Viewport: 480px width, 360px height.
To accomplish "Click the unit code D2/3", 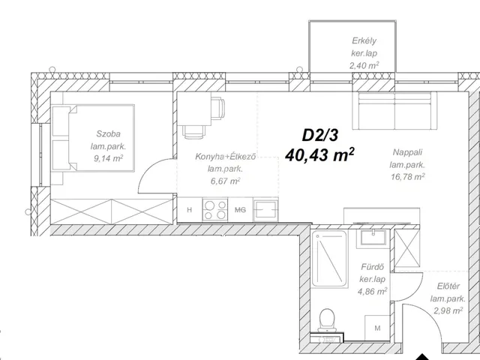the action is [x=320, y=135].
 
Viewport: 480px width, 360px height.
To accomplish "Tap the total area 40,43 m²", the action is [x=319, y=154].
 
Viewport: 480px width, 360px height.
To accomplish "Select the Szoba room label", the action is [x=108, y=133].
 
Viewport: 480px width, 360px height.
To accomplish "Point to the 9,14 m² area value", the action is [x=109, y=158].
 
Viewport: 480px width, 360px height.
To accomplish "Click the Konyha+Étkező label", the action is [x=225, y=157].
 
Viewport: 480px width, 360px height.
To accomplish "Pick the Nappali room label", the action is [x=407, y=152].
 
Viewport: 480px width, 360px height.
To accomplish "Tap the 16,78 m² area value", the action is [x=408, y=176].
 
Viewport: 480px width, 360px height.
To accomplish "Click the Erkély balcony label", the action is [x=364, y=40].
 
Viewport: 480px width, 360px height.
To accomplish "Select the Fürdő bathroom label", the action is [x=372, y=267].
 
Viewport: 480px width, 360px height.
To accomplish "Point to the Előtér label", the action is [x=448, y=286].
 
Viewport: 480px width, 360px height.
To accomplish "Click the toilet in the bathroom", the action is [x=327, y=320].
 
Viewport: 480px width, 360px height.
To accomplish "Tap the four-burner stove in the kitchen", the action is [x=215, y=210].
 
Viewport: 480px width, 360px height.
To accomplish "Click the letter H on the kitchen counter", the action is [x=190, y=210].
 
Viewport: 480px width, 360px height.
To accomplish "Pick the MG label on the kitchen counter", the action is [x=240, y=210].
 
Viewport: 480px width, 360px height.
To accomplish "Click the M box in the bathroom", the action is [x=377, y=328].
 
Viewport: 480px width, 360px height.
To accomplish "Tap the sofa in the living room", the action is [x=394, y=110].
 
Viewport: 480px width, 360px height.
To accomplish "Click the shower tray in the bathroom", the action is [x=329, y=259].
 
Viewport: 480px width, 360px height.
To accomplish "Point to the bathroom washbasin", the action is [x=373, y=238].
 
